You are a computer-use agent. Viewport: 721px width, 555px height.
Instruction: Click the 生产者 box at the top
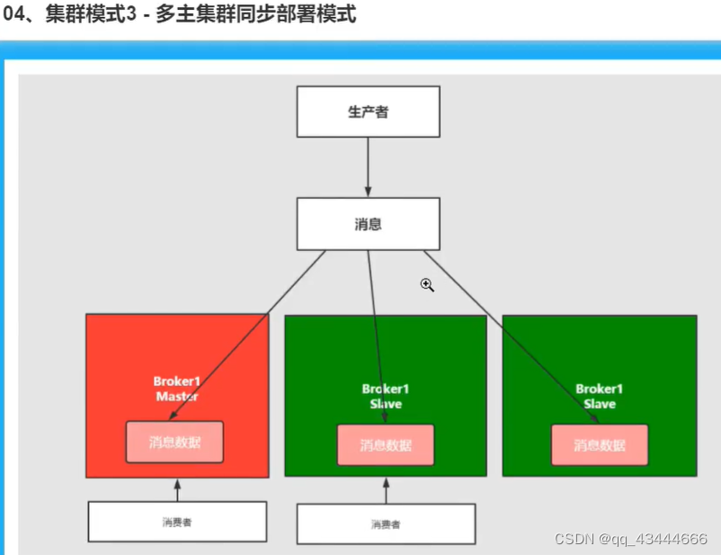click(369, 112)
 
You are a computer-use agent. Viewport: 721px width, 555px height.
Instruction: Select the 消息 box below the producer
click(369, 223)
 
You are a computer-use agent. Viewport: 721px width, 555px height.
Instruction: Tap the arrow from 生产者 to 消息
click(369, 167)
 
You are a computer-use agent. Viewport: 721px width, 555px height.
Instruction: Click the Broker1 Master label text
click(177, 389)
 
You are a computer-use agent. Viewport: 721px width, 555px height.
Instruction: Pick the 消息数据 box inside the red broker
click(174, 443)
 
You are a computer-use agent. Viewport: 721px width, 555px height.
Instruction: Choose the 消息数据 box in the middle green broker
click(386, 444)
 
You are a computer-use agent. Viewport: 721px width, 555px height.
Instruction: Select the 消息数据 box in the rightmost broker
click(600, 444)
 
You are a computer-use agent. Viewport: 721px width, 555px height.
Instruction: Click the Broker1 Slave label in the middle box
click(386, 396)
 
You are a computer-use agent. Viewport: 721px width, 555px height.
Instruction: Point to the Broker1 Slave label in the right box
click(600, 396)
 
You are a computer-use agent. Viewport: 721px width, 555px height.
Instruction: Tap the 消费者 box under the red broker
click(177, 522)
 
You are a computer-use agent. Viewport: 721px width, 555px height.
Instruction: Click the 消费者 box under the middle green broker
click(386, 524)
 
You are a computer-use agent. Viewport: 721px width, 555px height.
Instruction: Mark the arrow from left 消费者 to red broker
click(177, 489)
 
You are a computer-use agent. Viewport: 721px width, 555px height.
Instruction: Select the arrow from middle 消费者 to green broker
click(386, 490)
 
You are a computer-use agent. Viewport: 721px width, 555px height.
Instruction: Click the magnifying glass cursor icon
click(427, 285)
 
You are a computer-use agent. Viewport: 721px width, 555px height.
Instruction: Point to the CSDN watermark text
click(630, 539)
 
